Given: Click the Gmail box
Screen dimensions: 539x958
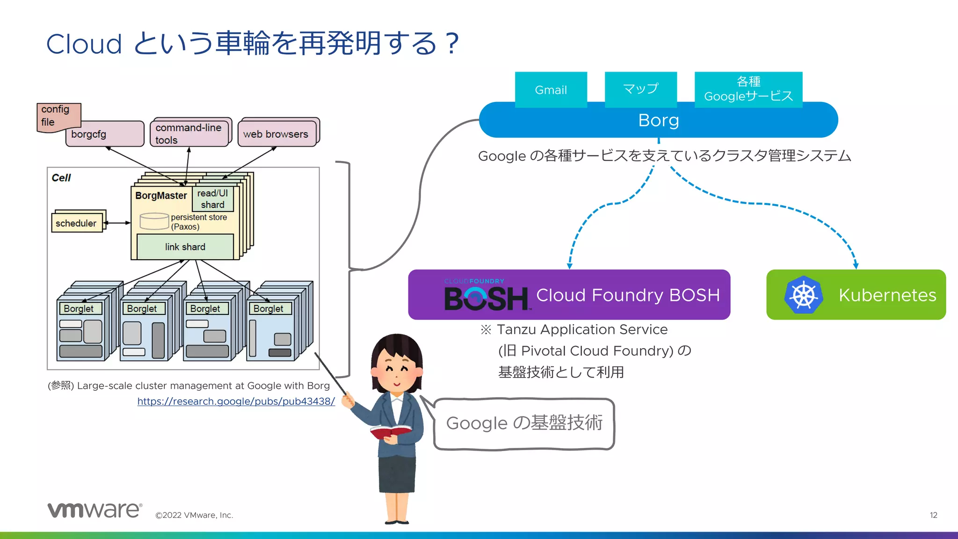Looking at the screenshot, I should pyautogui.click(x=551, y=89).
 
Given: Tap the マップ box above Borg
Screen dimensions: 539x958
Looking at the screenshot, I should pyautogui.click(x=640, y=89).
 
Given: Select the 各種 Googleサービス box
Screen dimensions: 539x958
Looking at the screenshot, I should pyautogui.click(x=748, y=89).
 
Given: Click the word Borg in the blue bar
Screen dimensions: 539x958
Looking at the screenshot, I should pyautogui.click(x=658, y=120).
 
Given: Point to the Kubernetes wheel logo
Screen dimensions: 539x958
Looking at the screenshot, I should pyautogui.click(x=803, y=295).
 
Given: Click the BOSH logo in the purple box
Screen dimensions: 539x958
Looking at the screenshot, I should pyautogui.click(x=486, y=298).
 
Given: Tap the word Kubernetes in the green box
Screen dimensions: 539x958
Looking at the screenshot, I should pyautogui.click(x=887, y=295).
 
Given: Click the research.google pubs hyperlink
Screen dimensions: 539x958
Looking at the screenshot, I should pyautogui.click(x=236, y=401).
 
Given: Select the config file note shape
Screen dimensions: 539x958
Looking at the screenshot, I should pyautogui.click(x=58, y=117).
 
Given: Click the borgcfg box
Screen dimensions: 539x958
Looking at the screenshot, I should pyautogui.click(x=105, y=134).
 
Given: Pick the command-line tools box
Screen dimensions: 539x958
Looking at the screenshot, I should pyautogui.click(x=189, y=133).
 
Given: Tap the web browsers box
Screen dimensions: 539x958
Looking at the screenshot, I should pyautogui.click(x=277, y=134).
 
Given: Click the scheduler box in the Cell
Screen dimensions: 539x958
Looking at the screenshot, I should pyautogui.click(x=77, y=223).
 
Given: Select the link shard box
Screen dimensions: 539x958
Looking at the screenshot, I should pyautogui.click(x=185, y=247).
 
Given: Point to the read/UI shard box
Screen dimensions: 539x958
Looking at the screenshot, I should pyautogui.click(x=212, y=199).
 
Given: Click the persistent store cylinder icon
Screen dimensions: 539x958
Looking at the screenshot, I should pyautogui.click(x=154, y=221).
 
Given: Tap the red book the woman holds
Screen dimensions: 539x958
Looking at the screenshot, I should pyautogui.click(x=390, y=431).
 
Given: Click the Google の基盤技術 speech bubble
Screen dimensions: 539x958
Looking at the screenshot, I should pyautogui.click(x=524, y=423).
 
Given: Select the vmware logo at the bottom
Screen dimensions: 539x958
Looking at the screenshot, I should pyautogui.click(x=94, y=510).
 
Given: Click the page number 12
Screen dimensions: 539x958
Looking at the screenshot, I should pyautogui.click(x=933, y=515).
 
